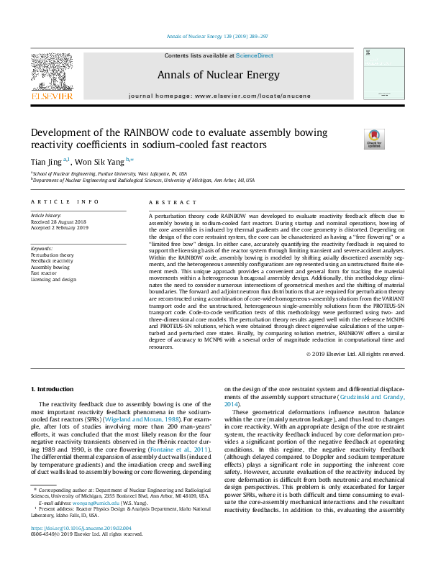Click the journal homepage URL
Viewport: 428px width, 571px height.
tap(244, 95)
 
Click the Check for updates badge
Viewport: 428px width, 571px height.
tap(374, 138)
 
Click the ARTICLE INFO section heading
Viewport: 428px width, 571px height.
tap(64, 202)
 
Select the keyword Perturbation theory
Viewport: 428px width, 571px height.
tap(52, 255)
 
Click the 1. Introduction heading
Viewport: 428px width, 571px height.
tap(53, 389)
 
